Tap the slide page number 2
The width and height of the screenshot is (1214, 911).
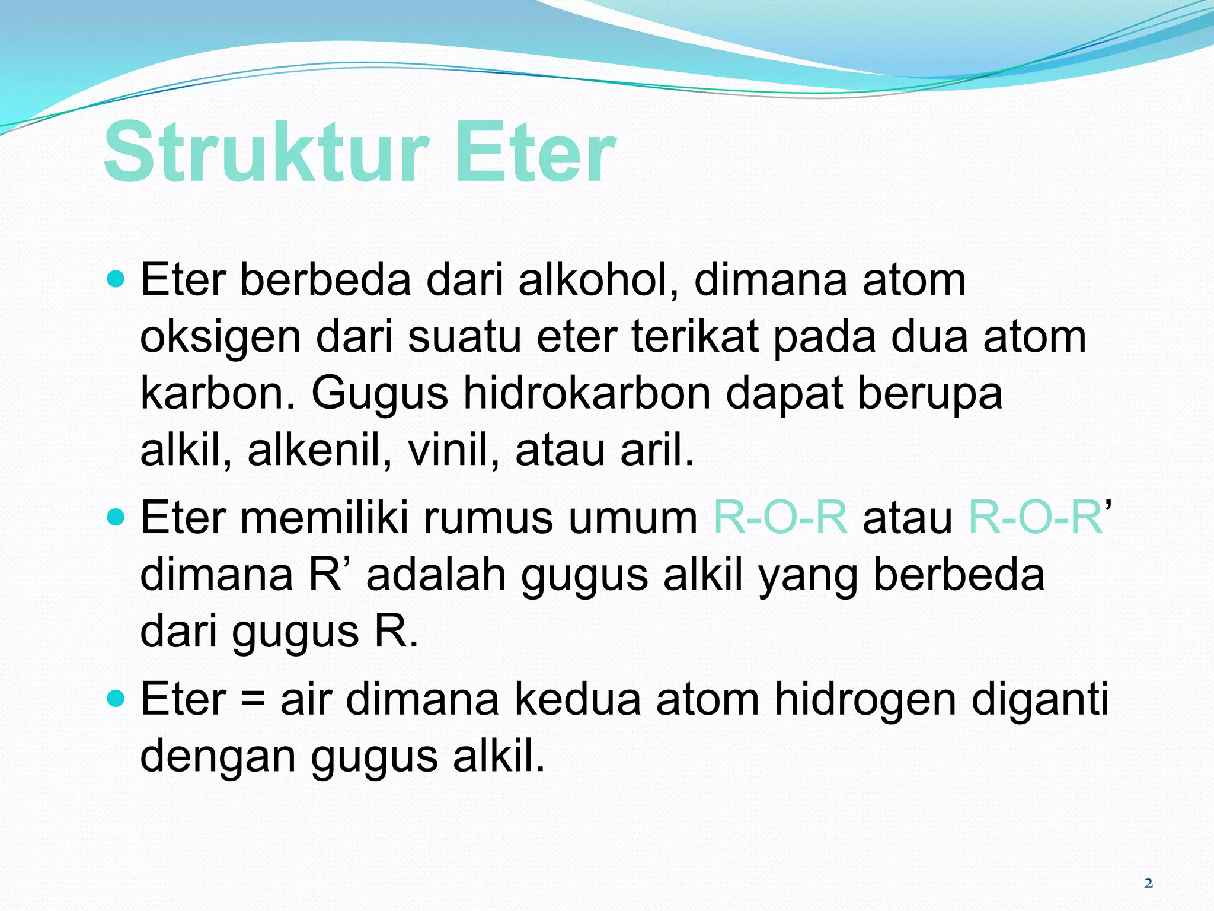tap(1148, 883)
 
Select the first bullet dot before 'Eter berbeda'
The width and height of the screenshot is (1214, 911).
tap(117, 278)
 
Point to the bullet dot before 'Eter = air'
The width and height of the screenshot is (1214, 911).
tap(117, 699)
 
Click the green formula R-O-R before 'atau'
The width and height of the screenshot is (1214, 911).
tap(780, 518)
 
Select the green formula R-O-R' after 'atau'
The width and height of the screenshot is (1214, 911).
tap(1039, 518)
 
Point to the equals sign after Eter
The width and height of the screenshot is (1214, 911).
tap(253, 700)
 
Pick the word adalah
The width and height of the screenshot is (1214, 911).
tap(436, 575)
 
